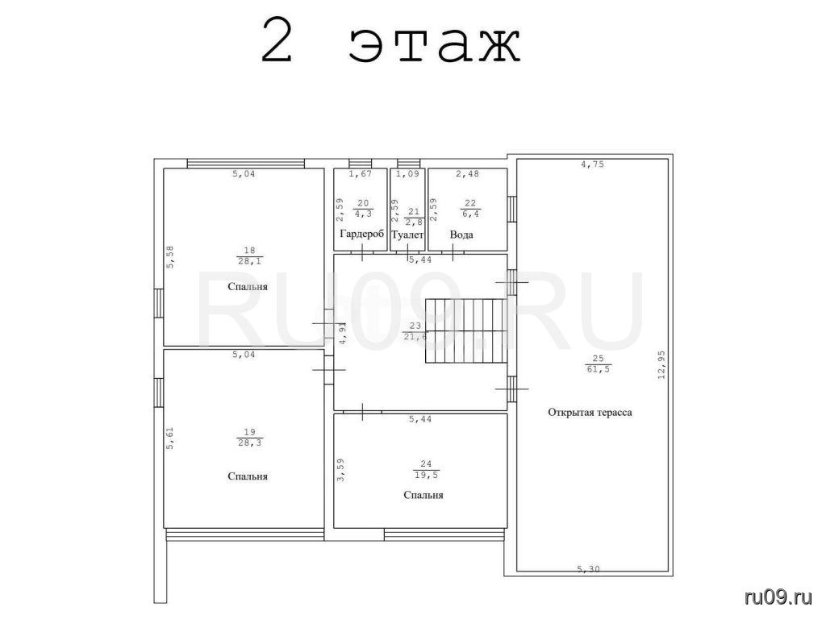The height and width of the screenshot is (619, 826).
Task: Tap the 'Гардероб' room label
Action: tap(362, 235)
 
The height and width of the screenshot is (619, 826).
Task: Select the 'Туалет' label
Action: tap(407, 235)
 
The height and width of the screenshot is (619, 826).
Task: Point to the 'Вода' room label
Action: tap(461, 235)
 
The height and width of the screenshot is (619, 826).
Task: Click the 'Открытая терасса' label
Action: tap(590, 413)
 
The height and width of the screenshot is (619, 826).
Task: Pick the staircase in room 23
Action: tap(466, 330)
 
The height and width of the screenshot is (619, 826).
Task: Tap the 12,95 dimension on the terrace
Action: tap(661, 365)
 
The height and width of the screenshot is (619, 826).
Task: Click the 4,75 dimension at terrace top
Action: tap(593, 164)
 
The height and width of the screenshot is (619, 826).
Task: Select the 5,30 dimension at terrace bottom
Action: tap(588, 569)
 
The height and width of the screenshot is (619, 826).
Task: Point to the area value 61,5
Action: tap(598, 369)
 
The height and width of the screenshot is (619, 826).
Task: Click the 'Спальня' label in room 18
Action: tap(248, 287)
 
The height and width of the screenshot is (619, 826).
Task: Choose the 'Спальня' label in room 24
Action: tap(423, 496)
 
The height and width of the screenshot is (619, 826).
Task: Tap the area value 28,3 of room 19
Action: tap(250, 443)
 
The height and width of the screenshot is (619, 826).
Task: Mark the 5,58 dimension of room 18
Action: tap(170, 257)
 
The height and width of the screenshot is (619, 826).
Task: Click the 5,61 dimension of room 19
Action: tap(169, 438)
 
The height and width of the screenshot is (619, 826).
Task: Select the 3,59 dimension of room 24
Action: tap(341, 470)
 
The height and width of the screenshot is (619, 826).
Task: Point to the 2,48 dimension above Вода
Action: tap(467, 174)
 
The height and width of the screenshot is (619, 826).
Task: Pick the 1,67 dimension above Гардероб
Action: tap(361, 174)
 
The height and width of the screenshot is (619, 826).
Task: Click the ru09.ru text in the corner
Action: tap(778, 597)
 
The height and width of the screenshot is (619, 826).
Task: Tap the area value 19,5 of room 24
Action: tap(426, 475)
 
